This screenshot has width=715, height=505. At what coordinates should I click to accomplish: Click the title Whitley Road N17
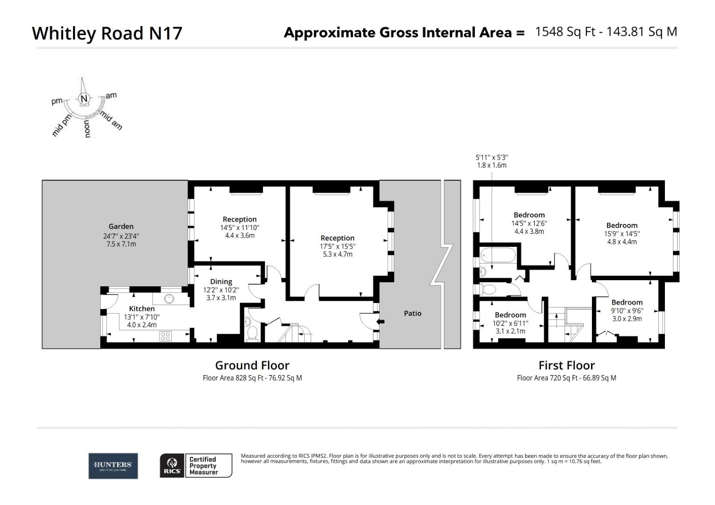pos(107,33)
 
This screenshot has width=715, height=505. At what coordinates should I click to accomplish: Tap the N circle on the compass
pos(84,99)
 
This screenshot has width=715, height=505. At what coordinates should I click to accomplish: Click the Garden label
pos(121,226)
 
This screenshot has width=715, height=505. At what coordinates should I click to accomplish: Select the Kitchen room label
pos(141,309)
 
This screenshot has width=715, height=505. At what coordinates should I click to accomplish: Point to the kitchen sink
pos(169,298)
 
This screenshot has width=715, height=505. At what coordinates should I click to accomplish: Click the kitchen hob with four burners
pos(166,335)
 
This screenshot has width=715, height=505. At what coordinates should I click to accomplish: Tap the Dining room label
pos(221,281)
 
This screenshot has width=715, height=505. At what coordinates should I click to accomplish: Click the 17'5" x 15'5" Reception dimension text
pos(337,246)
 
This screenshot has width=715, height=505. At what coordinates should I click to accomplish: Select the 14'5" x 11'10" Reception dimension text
pos(240,228)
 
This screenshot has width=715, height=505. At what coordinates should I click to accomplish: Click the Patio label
pos(412,313)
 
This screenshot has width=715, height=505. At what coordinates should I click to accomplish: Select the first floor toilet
pos(488,289)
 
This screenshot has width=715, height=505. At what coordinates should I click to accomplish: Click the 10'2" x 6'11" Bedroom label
pos(510,315)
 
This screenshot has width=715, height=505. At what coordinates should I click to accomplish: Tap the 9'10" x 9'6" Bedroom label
pos(627,303)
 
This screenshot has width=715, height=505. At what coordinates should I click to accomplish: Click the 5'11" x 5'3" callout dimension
pos(491,158)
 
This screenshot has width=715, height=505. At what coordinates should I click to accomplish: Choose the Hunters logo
pos(113,466)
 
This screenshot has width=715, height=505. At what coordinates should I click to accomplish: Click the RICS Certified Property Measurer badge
pos(196,466)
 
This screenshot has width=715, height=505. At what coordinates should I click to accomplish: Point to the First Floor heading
pos(566,365)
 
